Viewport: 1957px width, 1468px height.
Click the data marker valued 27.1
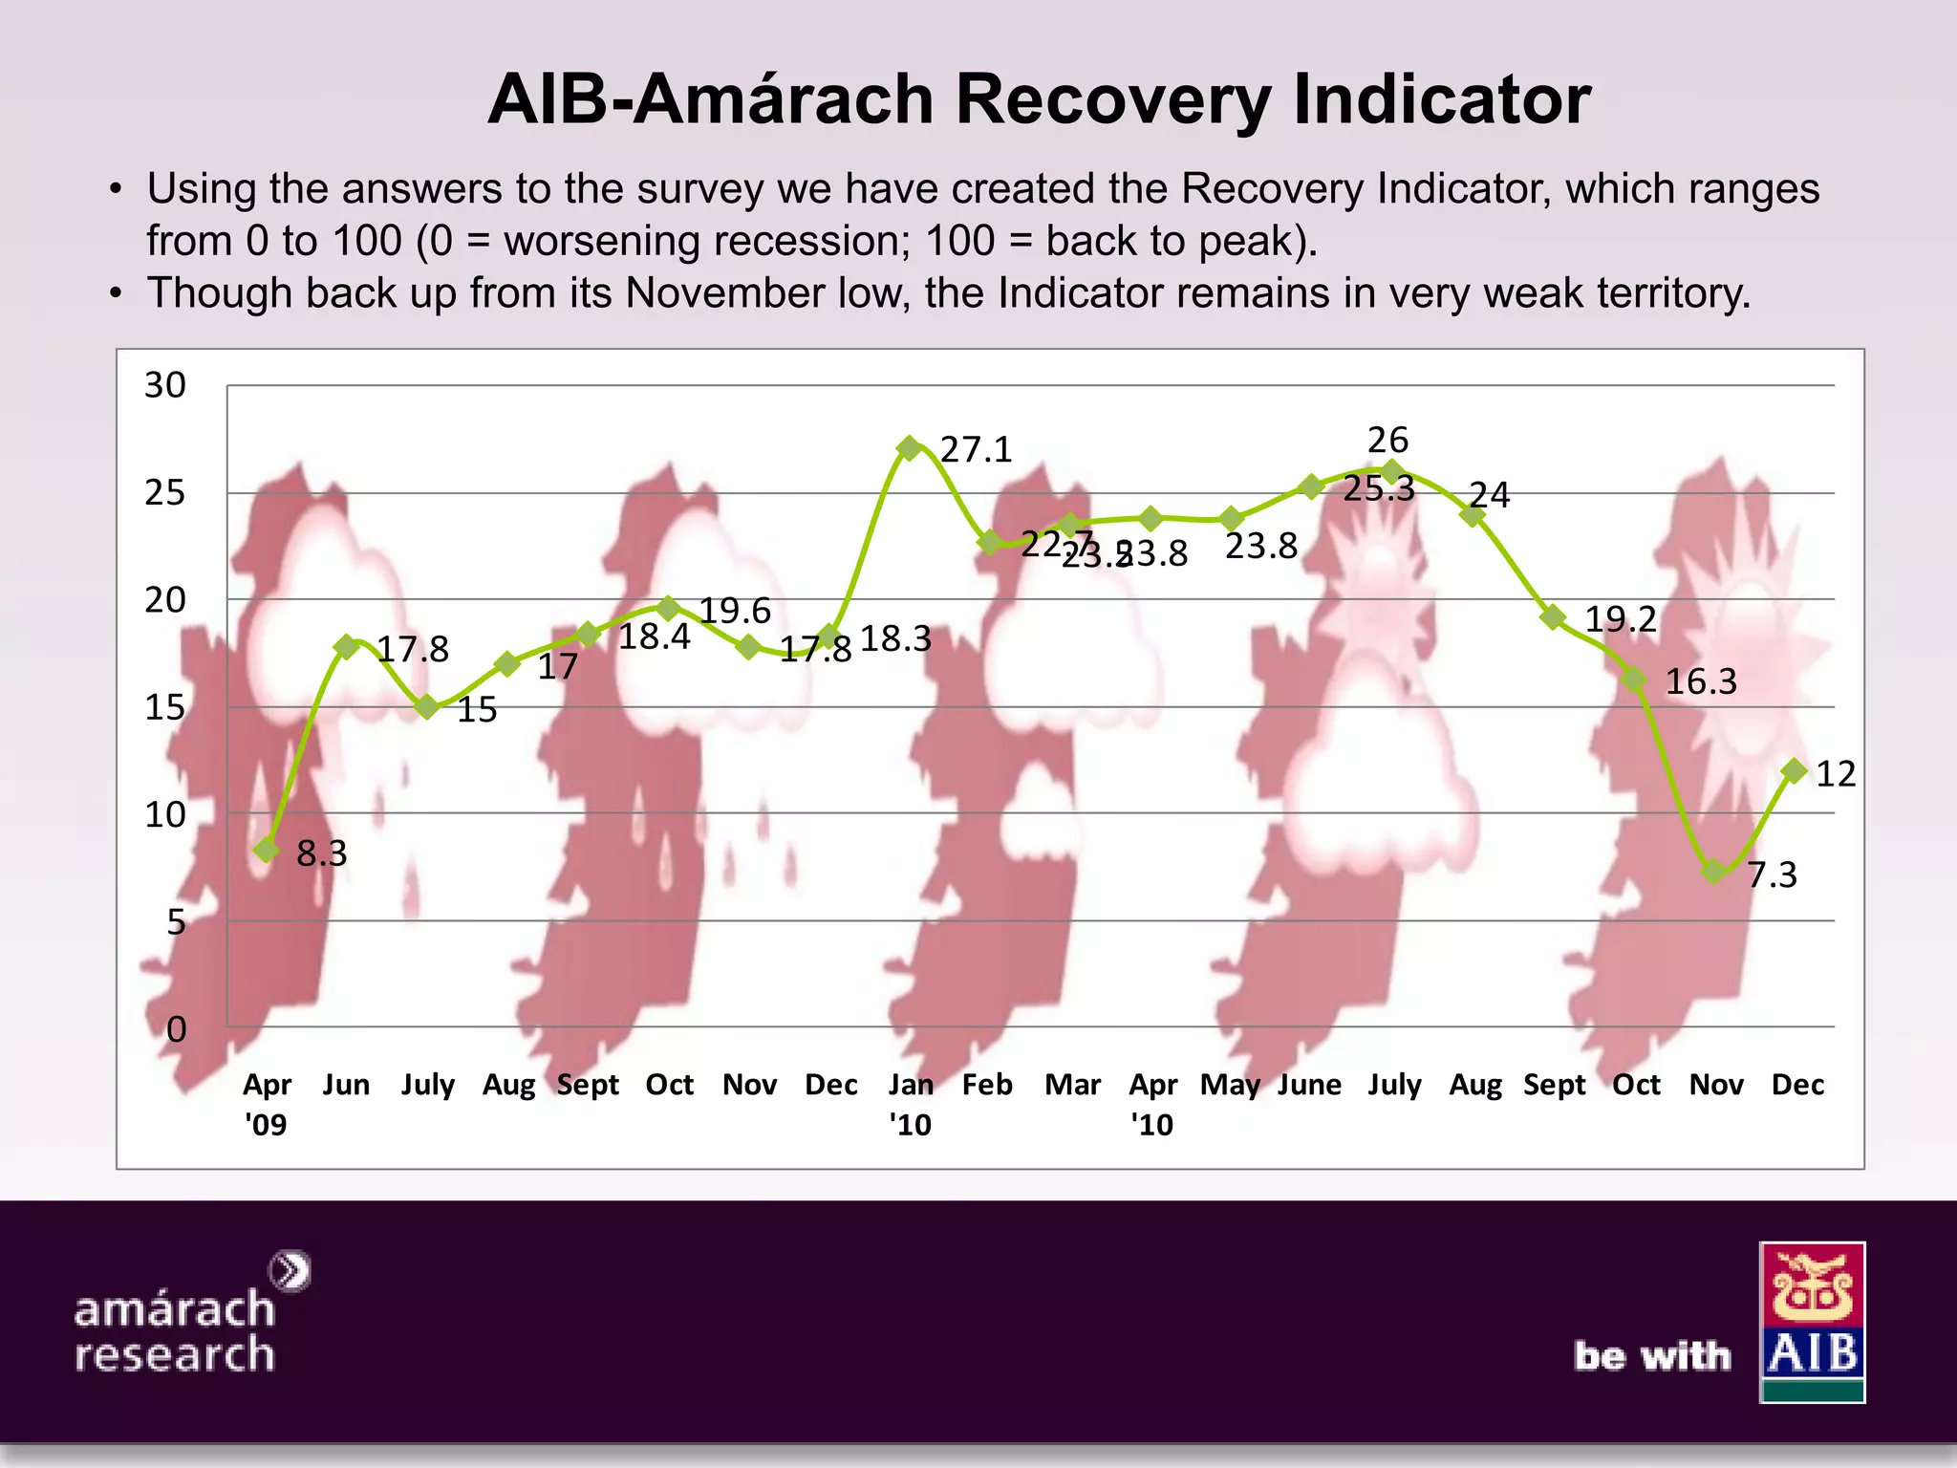tap(909, 447)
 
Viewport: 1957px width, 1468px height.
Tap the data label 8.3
tap(321, 853)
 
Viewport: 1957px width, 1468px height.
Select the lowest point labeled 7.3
tap(1713, 871)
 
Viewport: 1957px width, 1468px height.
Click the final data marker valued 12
tap(1794, 770)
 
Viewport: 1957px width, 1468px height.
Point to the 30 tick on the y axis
tap(165, 385)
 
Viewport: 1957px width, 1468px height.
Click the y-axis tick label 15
tap(165, 708)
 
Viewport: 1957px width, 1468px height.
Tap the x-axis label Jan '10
tap(910, 1104)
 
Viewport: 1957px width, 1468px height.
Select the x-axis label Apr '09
tap(266, 1104)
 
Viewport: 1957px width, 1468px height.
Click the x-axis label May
tap(1230, 1085)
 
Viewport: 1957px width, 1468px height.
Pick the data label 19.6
tap(734, 611)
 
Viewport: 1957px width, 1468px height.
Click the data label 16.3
tap(1701, 681)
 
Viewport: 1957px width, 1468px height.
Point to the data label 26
tap(1387, 440)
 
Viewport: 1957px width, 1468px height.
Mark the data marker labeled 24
tap(1473, 516)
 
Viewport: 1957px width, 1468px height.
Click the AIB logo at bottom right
tap(1812, 1322)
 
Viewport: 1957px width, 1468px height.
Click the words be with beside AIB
tap(1652, 1356)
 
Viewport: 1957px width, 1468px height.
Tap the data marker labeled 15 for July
tap(427, 707)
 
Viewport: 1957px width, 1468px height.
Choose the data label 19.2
tap(1621, 619)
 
